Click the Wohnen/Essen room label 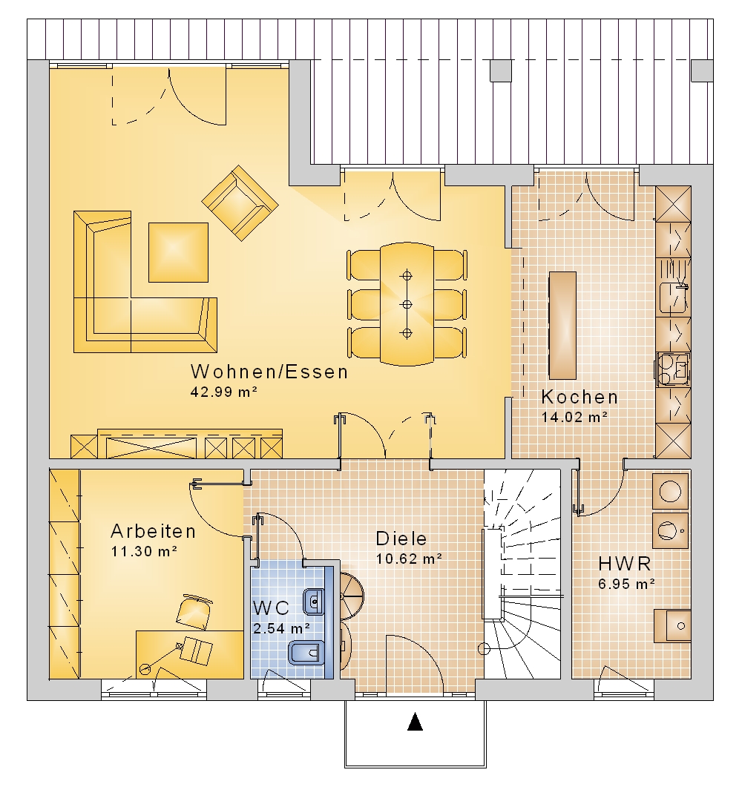[x=269, y=372]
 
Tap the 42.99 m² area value [x=224, y=392]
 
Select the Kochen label [x=580, y=397]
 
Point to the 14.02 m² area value [x=575, y=417]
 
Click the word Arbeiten [x=153, y=531]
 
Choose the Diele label [x=401, y=539]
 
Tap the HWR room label [x=625, y=564]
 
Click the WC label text [x=271, y=608]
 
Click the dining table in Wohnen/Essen [x=407, y=304]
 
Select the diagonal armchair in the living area [x=240, y=202]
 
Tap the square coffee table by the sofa [x=178, y=252]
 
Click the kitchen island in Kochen [x=562, y=325]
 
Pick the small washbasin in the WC [x=314, y=600]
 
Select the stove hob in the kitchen [x=673, y=369]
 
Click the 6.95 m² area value [x=626, y=585]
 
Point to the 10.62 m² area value [x=409, y=559]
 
